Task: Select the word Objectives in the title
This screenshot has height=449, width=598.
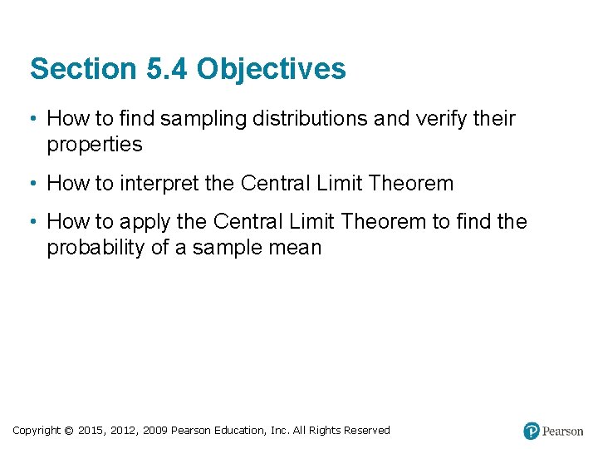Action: coord(272,69)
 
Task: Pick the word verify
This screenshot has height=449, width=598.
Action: coord(438,119)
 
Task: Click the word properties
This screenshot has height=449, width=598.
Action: coord(95,145)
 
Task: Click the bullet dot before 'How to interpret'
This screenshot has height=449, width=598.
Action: coord(31,183)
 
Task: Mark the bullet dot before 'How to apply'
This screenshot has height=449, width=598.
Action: coord(31,222)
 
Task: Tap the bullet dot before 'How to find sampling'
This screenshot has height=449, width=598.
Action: coord(31,119)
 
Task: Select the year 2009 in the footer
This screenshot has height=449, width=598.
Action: coord(154,431)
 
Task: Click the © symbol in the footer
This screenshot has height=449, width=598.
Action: coord(68,431)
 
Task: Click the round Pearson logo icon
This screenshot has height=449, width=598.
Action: coord(532,431)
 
